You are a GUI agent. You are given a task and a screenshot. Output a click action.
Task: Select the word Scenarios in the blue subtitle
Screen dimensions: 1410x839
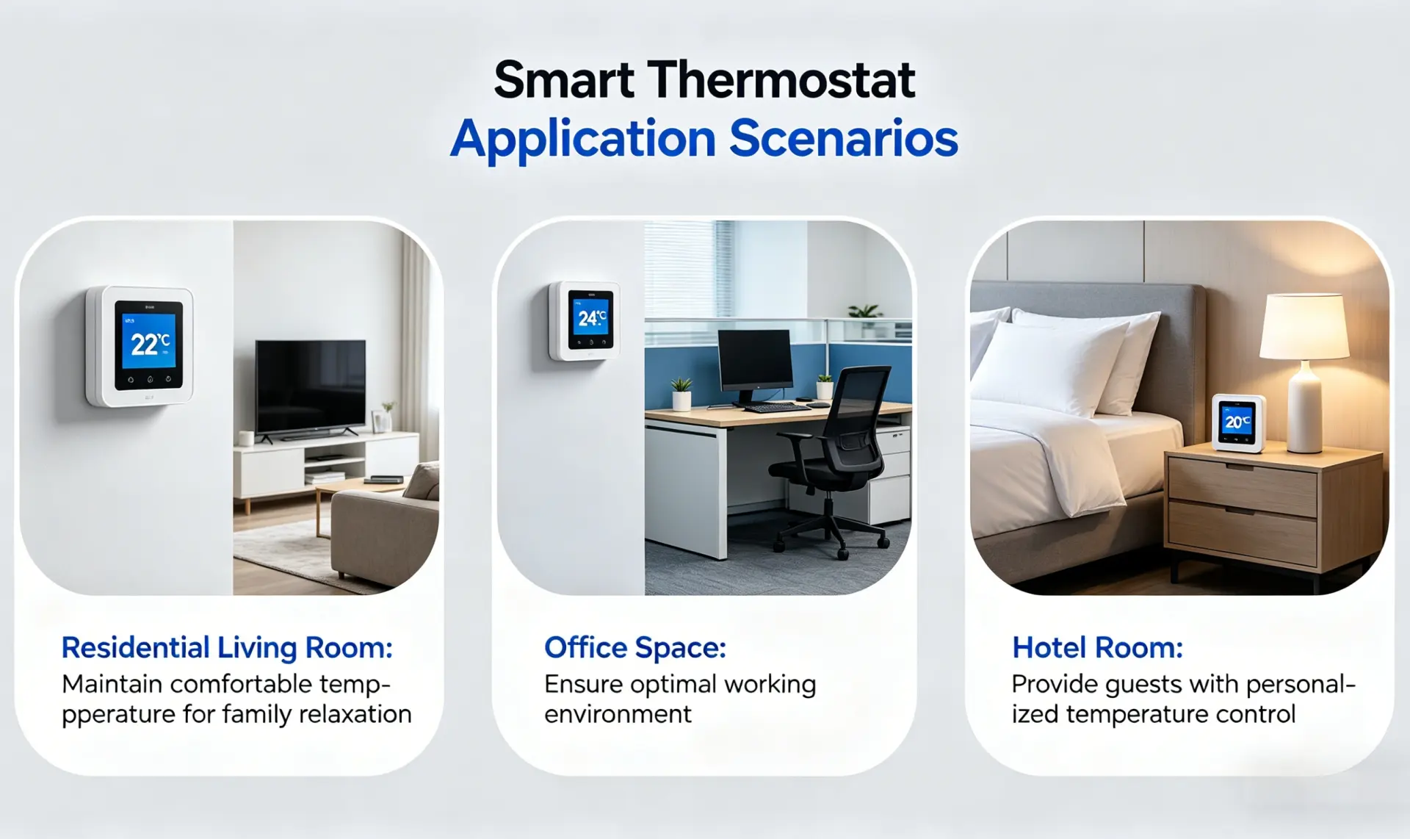[844, 138]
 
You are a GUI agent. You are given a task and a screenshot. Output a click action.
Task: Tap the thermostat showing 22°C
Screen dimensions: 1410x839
[140, 346]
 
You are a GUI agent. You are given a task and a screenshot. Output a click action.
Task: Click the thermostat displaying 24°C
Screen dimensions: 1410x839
[585, 320]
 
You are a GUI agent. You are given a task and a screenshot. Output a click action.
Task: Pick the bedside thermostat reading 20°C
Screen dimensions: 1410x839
[1238, 423]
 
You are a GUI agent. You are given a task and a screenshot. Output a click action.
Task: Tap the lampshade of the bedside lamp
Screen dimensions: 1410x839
[1304, 327]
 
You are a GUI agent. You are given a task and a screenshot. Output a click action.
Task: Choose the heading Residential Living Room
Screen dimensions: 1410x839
[227, 648]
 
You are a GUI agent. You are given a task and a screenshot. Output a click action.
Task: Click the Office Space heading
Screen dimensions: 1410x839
[635, 648]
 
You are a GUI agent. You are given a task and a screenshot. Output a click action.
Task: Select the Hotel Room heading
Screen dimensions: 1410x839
[1097, 648]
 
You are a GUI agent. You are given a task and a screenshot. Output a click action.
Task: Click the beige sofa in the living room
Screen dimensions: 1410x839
[385, 532]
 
